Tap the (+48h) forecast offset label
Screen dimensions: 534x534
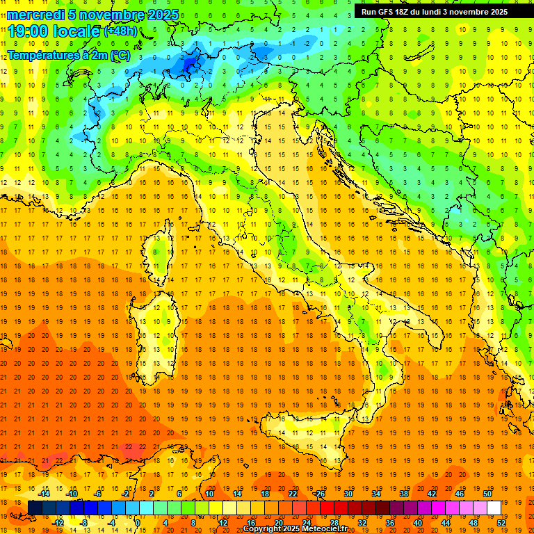click(120, 32)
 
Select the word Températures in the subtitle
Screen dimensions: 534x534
click(42, 54)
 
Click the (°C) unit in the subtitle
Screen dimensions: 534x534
click(119, 54)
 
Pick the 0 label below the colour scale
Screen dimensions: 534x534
click(138, 522)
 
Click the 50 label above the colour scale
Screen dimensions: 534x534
click(487, 493)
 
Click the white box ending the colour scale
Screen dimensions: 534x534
click(494, 508)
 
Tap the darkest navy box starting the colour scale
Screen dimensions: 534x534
click(35, 508)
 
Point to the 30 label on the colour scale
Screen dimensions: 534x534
click(348, 493)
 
